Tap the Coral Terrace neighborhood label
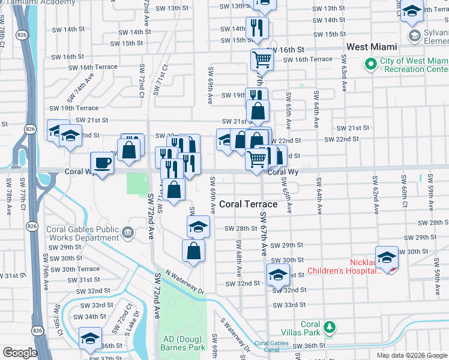click(x=248, y=204)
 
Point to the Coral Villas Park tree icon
click(x=328, y=327)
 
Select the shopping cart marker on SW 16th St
click(x=262, y=60)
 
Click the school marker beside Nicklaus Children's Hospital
click(x=387, y=257)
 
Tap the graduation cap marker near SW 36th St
click(x=90, y=338)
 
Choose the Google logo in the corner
click(x=19, y=353)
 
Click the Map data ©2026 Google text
click(x=411, y=355)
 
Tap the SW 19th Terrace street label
click(x=74, y=108)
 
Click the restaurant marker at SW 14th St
click(x=257, y=28)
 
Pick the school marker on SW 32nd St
click(x=277, y=275)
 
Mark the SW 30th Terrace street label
click(x=75, y=269)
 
